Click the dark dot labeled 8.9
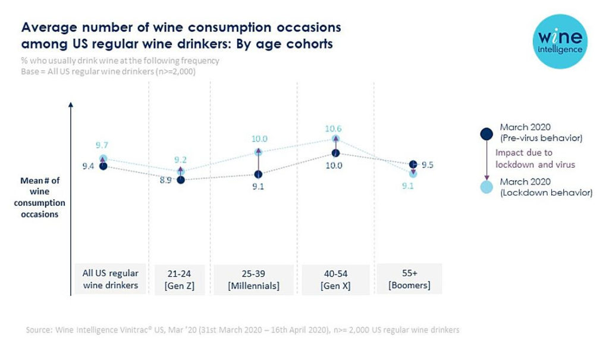point(181,180)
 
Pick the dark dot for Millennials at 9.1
point(258,174)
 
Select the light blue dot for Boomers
point(413,173)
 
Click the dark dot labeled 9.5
point(413,164)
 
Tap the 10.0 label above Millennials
point(259,139)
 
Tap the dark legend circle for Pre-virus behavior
point(486,133)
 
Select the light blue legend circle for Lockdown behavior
point(486,187)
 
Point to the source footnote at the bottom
point(243,330)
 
